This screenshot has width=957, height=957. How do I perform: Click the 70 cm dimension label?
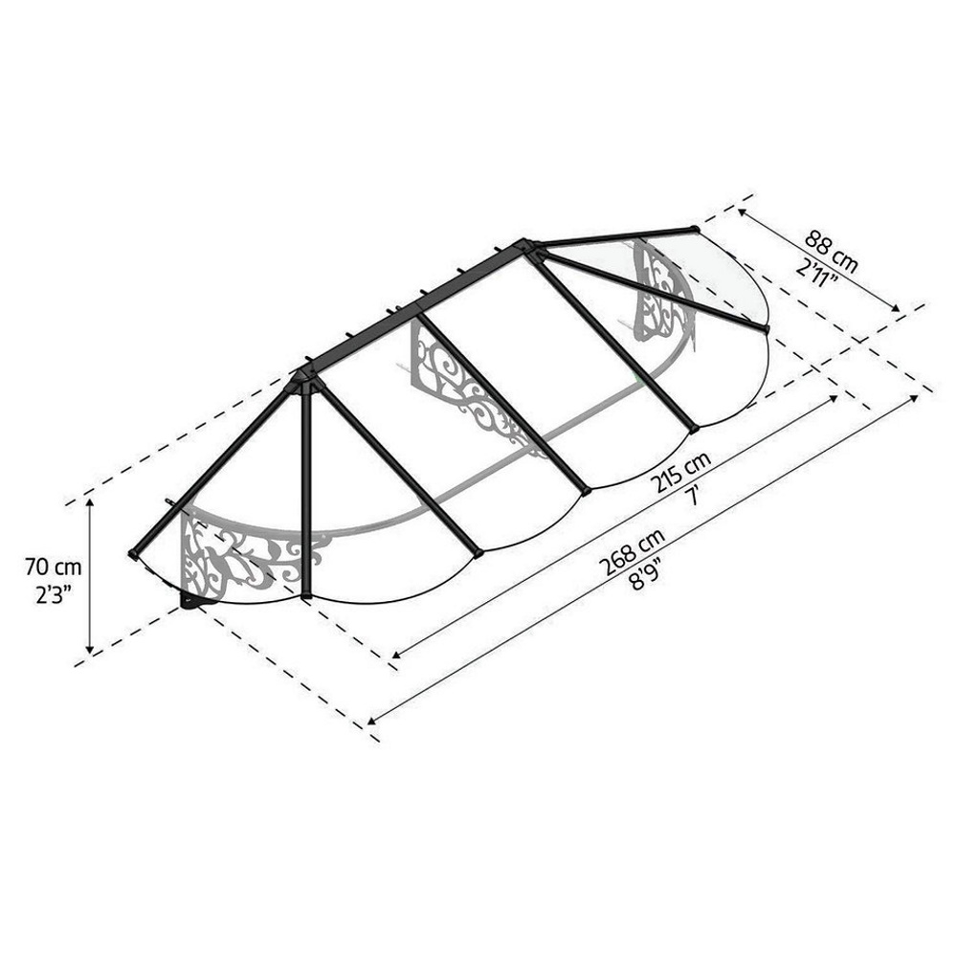(53, 567)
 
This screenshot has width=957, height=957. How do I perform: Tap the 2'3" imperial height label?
(54, 594)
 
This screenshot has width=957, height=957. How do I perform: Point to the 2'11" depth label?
(816, 273)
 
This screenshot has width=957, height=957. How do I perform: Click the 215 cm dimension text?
(679, 473)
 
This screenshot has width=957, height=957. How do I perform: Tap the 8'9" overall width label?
(647, 575)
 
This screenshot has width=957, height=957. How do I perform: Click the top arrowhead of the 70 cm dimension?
(90, 502)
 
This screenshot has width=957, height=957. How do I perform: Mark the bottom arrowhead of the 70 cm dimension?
(90, 650)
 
